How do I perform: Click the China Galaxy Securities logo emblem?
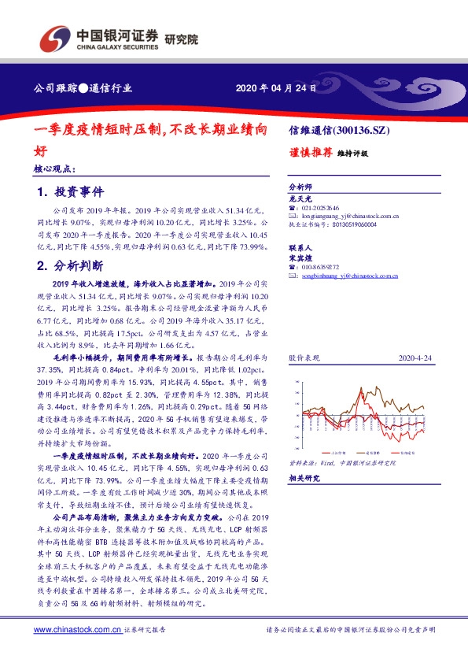(53, 38)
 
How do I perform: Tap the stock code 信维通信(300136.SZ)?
(340, 130)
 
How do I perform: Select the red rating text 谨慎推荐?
(309, 152)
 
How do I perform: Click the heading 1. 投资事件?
(70, 192)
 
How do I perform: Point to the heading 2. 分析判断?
(70, 265)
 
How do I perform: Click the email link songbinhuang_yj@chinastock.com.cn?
(350, 276)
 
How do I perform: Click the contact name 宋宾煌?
(300, 257)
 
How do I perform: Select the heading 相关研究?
(304, 478)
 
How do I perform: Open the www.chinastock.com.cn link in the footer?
(77, 630)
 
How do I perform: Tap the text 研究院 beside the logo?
(182, 39)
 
